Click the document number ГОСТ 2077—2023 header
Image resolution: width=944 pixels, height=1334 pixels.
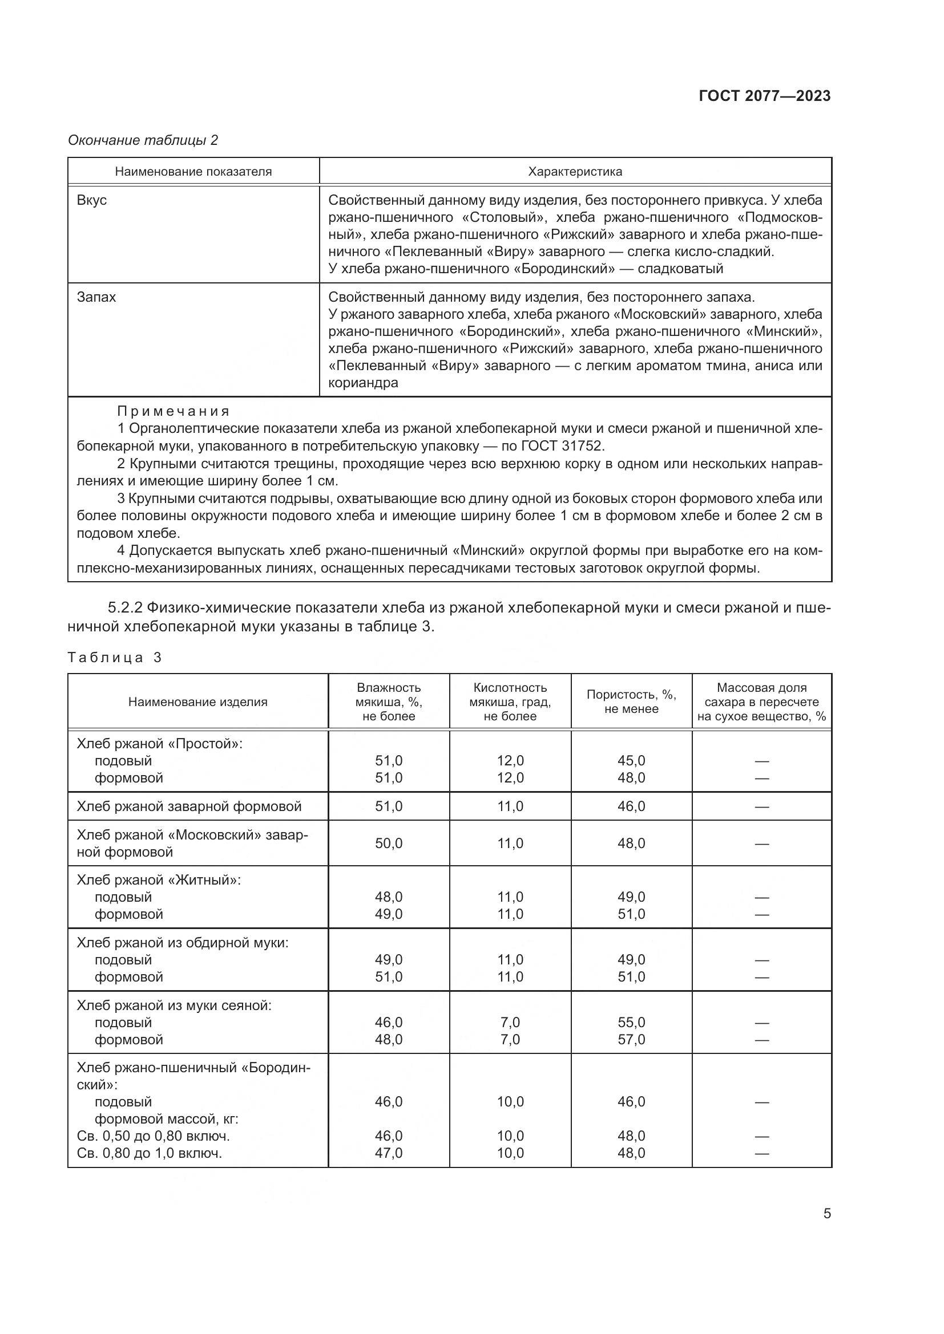pyautogui.click(x=764, y=96)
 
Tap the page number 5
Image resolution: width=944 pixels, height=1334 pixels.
pyautogui.click(x=826, y=1214)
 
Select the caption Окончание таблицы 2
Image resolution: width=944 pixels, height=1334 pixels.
pyautogui.click(x=143, y=140)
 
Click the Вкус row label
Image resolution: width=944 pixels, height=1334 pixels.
pyautogui.click(x=92, y=200)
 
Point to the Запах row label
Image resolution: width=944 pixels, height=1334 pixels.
pyautogui.click(x=96, y=297)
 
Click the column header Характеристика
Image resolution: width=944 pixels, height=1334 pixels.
pyautogui.click(x=575, y=172)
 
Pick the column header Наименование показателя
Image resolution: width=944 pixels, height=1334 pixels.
pyautogui.click(x=193, y=172)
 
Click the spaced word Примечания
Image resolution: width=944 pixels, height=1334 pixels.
pyautogui.click(x=174, y=411)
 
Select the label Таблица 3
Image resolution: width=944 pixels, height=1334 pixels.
pyautogui.click(x=115, y=657)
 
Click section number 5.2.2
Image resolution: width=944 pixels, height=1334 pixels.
pyautogui.click(x=125, y=608)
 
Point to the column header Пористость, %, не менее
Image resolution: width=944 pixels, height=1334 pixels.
pyautogui.click(x=631, y=702)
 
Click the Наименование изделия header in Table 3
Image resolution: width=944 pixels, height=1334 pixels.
pyautogui.click(x=197, y=702)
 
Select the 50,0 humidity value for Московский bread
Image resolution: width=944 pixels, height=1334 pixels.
pyautogui.click(x=388, y=843)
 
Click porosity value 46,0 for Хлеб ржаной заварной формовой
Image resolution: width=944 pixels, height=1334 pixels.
pyautogui.click(x=631, y=806)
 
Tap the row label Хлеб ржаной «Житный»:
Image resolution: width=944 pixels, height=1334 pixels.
pyautogui.click(x=159, y=879)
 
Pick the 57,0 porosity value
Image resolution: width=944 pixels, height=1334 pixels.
pyautogui.click(x=631, y=1040)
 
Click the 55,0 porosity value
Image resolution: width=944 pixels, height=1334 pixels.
pyautogui.click(x=631, y=1022)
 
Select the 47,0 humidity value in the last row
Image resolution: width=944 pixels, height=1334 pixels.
pyautogui.click(x=388, y=1153)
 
